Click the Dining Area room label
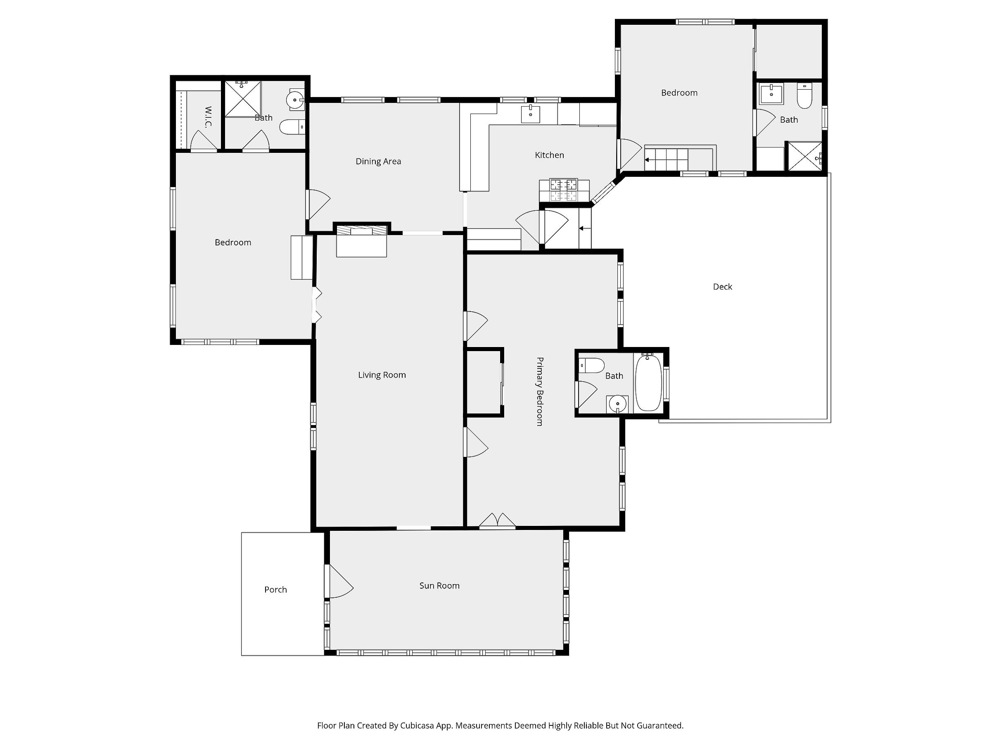[378, 162]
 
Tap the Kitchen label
[549, 155]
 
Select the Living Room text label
[382, 375]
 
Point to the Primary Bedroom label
[539, 392]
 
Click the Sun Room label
[439, 586]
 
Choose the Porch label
[275, 590]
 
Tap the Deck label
[723, 287]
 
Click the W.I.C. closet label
[208, 117]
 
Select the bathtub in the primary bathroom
[649, 383]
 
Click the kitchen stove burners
[564, 190]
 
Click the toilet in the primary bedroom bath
[591, 365]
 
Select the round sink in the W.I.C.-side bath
[296, 100]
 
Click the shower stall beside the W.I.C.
[243, 99]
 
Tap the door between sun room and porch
[339, 581]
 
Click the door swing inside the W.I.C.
[204, 140]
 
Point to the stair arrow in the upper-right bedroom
[667, 160]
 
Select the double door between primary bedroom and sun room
[497, 520]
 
